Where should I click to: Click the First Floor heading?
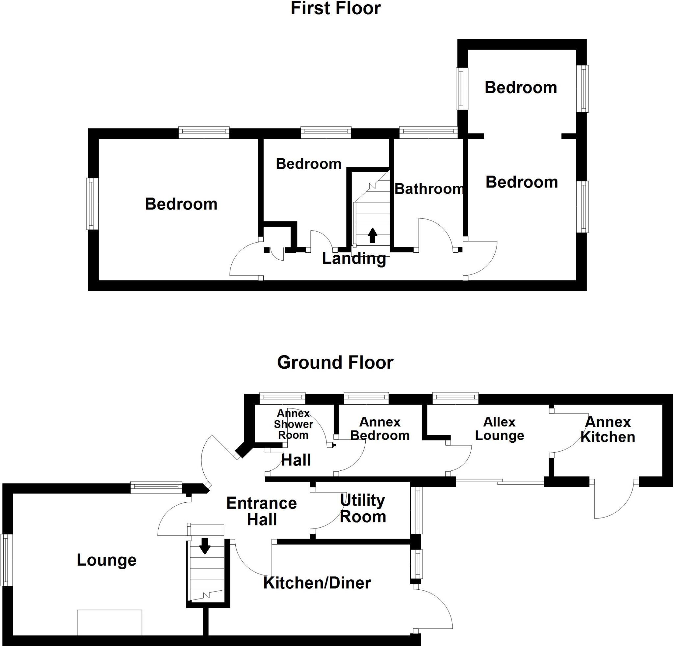pos(335,8)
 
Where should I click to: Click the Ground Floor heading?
pos(335,362)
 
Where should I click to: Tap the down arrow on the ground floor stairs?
pos(205,546)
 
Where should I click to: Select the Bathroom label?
pos(429,189)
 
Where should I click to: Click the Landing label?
pos(354,259)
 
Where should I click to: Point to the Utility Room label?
pos(363,508)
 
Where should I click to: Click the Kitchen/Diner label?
pos(317,583)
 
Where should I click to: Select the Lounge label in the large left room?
pos(106,560)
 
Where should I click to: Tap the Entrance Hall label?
pos(261,512)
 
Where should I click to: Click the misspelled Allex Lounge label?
pos(499,429)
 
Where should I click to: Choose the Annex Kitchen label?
pos(608,430)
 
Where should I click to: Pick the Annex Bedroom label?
pos(380,429)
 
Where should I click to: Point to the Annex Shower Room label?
pos(293,424)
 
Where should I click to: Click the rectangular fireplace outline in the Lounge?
pos(109,622)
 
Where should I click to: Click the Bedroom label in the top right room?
pos(521,88)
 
